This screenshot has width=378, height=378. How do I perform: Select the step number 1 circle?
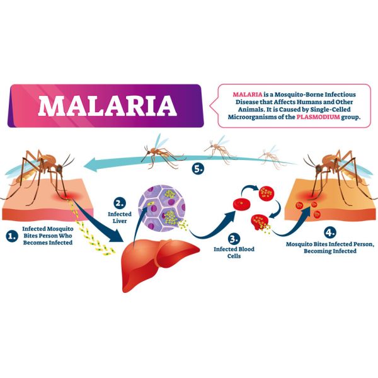[x=11, y=236]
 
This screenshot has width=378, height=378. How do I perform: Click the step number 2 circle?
[x=120, y=203]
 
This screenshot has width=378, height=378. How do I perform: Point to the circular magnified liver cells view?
[x=163, y=207]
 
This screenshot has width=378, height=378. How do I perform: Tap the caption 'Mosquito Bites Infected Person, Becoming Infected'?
[x=322, y=246]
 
